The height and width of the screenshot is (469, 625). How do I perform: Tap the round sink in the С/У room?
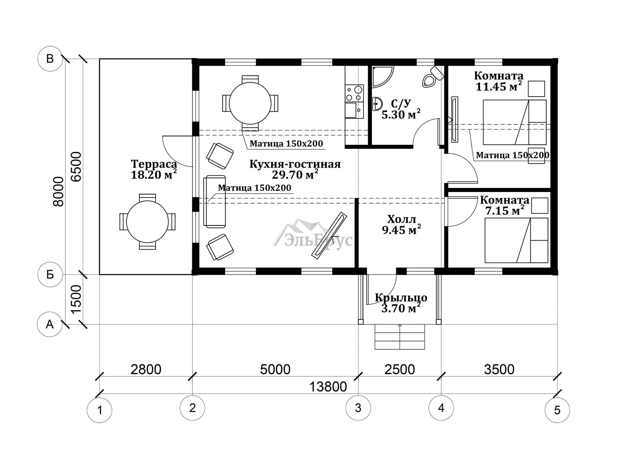click(x=377, y=103)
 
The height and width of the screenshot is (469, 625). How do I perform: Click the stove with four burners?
click(x=354, y=93)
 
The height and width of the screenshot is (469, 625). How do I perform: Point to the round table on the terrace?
click(x=147, y=222)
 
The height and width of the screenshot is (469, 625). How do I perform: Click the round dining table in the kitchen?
click(x=250, y=103)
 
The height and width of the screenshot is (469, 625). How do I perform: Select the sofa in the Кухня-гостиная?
click(x=214, y=201)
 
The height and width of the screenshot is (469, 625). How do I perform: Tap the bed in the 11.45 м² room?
click(x=514, y=122)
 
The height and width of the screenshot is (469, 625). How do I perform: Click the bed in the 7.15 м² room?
click(x=516, y=240)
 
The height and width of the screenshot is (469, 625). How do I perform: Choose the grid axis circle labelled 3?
click(x=358, y=408)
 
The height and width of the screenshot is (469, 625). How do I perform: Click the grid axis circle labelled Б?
click(x=50, y=275)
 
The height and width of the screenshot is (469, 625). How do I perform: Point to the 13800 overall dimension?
click(x=328, y=387)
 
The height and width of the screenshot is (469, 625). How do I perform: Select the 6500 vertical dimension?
click(x=76, y=166)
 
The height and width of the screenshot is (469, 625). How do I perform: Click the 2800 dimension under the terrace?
click(x=146, y=369)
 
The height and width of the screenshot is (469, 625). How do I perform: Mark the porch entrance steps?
click(x=400, y=336)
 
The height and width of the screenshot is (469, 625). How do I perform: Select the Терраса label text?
click(x=154, y=164)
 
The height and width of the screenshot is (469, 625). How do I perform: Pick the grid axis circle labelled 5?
click(x=557, y=410)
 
